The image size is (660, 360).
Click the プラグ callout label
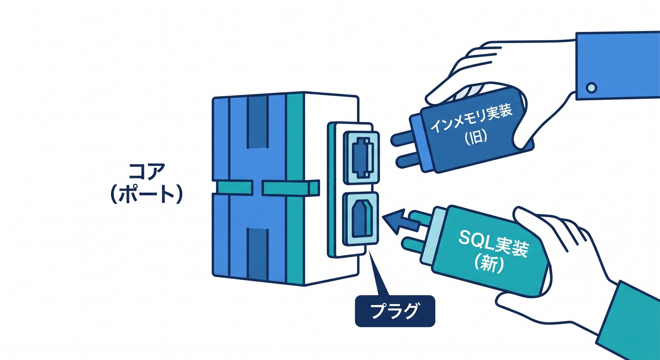(x=395, y=311)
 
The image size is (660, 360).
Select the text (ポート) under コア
(x=146, y=195)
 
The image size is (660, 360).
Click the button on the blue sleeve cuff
(x=592, y=88)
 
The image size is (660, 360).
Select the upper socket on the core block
(x=361, y=157)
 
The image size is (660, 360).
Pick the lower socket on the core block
(x=361, y=219)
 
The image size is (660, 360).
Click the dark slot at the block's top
(x=258, y=122)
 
